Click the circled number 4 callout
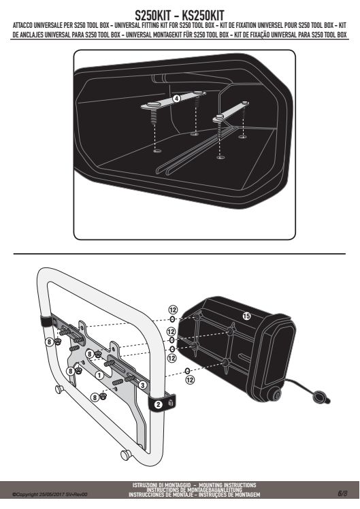tap(176, 99)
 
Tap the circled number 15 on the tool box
tap(247, 316)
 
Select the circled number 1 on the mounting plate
tap(99, 376)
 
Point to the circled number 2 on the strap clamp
tap(158, 404)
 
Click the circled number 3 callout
tap(142, 385)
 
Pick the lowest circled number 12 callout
tap(190, 380)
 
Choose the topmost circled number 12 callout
tap(172, 309)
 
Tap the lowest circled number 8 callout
tap(94, 397)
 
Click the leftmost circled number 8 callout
tap(50, 342)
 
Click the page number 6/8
tap(342, 493)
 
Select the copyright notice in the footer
tap(50, 495)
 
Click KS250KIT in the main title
tap(203, 15)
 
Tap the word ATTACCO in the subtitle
tap(26, 25)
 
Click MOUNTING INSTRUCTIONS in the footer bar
tap(227, 485)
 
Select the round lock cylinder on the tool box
tap(278, 395)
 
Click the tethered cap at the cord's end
tap(320, 397)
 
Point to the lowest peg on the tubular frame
tap(126, 455)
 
